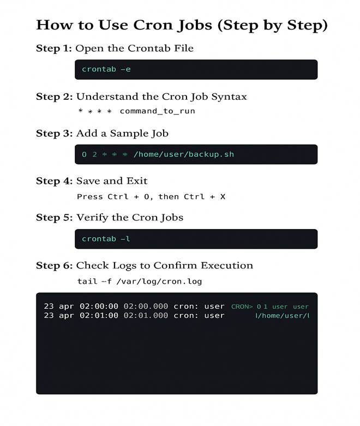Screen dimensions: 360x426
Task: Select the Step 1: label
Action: (x=54, y=49)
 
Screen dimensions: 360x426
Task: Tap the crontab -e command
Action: (x=106, y=69)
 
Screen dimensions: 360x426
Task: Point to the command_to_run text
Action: (x=157, y=111)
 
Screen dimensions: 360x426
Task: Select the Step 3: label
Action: (x=55, y=134)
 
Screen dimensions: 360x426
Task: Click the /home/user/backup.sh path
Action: (x=184, y=154)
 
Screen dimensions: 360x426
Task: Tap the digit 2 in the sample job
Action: (x=94, y=154)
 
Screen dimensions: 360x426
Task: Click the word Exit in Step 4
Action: (x=137, y=181)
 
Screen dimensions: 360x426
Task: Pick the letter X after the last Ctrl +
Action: (x=223, y=196)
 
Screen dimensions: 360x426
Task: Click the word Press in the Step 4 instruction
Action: (x=89, y=196)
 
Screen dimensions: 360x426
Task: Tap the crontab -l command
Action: (x=106, y=239)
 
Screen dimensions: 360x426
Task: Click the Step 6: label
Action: (x=55, y=266)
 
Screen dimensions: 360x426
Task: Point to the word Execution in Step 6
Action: (x=227, y=266)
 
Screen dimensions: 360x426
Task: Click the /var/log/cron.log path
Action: (x=159, y=281)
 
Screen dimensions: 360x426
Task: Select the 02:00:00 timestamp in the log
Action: (x=99, y=306)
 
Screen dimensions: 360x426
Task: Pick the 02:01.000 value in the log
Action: (x=146, y=315)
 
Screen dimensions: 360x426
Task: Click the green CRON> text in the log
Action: (x=242, y=307)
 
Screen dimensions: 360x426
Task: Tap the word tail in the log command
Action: (x=87, y=281)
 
